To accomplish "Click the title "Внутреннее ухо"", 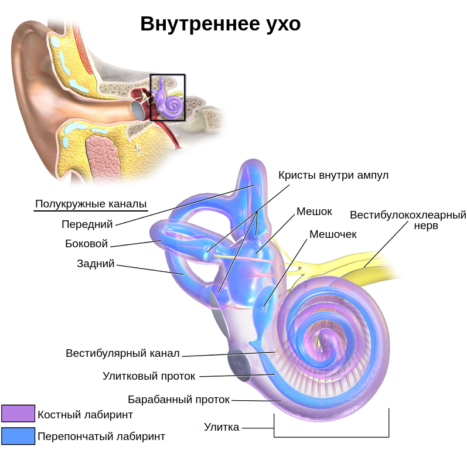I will point(220,24).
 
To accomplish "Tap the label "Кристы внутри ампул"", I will point(333,175).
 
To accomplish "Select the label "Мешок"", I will point(314,211).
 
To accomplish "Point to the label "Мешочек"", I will point(333,234).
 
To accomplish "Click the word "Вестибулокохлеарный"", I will point(408,215).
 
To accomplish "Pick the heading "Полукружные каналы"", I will point(91,204).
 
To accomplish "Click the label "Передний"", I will point(87,224).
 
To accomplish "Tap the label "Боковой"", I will point(87,244).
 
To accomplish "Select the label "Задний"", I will point(96,264).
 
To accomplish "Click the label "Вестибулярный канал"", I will point(122,353).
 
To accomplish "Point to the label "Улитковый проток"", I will point(149,376).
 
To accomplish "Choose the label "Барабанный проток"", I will point(179,400).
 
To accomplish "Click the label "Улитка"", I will point(221,427).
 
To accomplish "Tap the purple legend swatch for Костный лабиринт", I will point(18,414).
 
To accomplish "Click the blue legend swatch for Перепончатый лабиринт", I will point(18,435).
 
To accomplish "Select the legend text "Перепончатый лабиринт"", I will point(101,436).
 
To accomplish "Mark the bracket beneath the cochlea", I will point(331,436).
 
